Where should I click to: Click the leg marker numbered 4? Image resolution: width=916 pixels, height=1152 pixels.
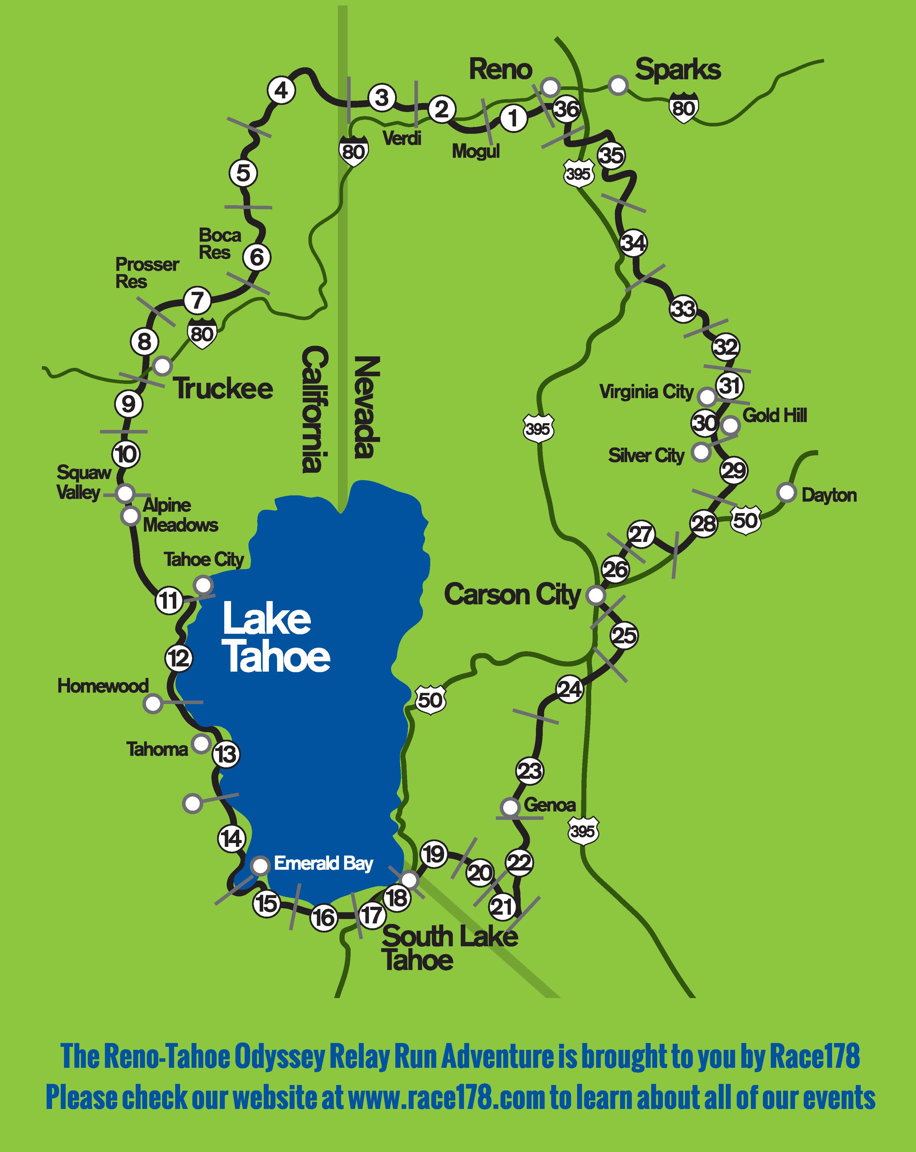281,91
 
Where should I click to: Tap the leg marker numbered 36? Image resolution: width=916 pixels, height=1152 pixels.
566,109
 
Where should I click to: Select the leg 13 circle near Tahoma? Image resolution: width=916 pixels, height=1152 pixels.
226,754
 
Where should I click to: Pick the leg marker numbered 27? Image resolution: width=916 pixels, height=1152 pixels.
641,534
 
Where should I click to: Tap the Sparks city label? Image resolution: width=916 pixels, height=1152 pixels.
678,69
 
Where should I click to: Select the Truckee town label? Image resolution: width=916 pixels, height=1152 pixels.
223,389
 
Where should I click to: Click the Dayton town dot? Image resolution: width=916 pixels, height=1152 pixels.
786,492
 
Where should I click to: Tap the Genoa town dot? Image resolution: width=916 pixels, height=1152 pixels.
510,807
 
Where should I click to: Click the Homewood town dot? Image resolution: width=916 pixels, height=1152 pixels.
153,704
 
